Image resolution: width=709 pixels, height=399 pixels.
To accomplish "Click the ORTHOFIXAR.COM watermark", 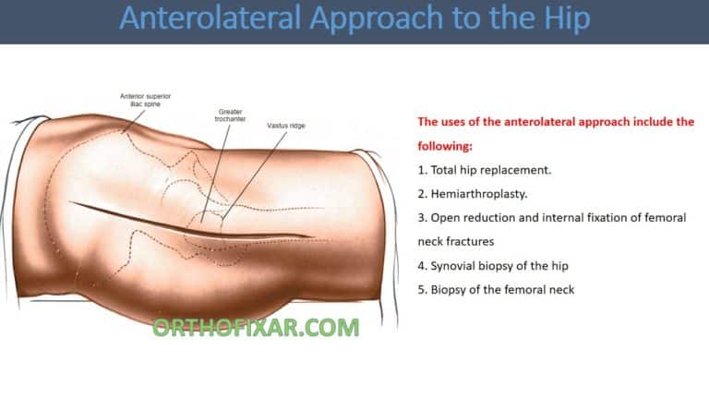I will tap(255, 326).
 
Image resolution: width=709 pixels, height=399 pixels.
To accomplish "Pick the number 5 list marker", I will tap(421, 290).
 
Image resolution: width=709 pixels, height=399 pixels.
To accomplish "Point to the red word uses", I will tap(456, 122).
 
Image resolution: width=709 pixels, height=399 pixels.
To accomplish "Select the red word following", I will tap(447, 146).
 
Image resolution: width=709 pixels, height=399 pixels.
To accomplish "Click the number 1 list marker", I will tap(421, 170).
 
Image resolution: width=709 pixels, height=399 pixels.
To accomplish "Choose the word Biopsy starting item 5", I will tap(452, 290).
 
